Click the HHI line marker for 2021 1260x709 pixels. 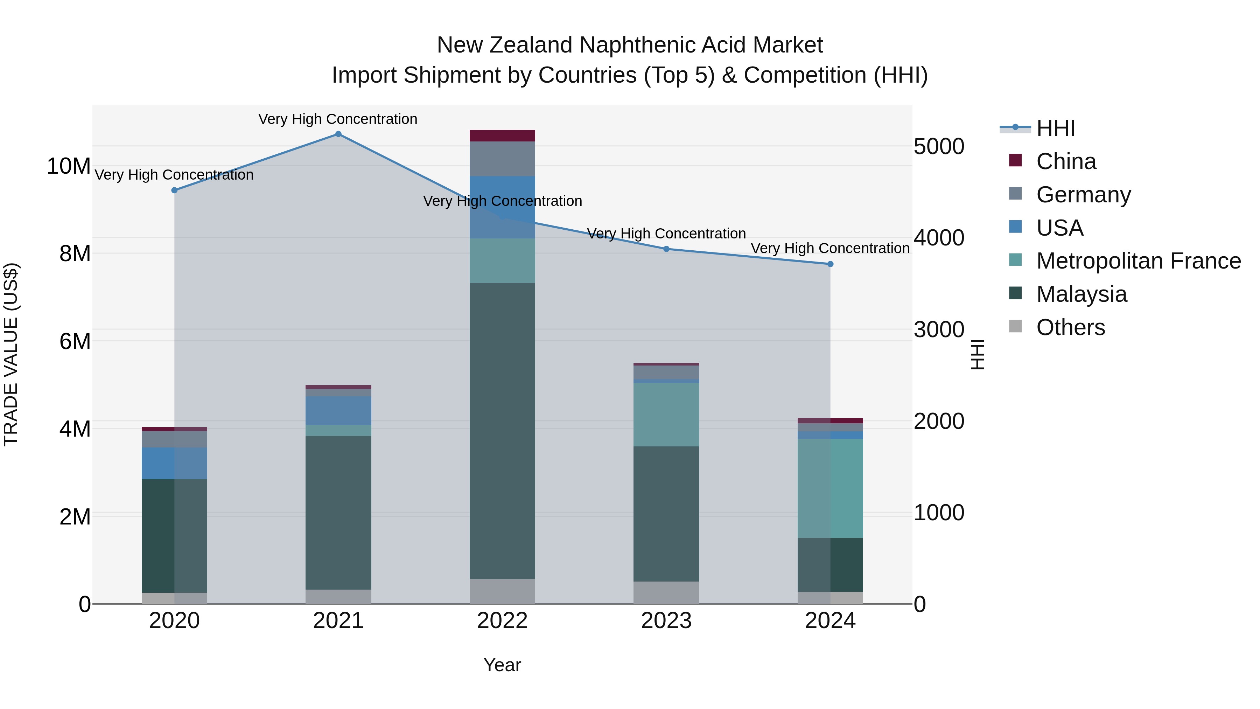tap(338, 134)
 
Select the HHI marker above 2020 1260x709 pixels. tap(174, 190)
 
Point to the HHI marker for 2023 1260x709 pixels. tap(666, 249)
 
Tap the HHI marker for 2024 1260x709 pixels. tap(830, 264)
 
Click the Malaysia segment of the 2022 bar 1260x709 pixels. tap(502, 431)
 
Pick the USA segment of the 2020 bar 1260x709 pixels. tap(174, 463)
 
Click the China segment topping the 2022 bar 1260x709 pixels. tap(502, 135)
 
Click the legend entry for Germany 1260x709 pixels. tap(1083, 195)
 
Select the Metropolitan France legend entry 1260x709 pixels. tap(1138, 261)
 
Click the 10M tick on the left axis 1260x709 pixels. tap(69, 166)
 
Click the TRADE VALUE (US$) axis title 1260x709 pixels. tap(11, 354)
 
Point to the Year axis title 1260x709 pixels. tap(502, 665)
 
